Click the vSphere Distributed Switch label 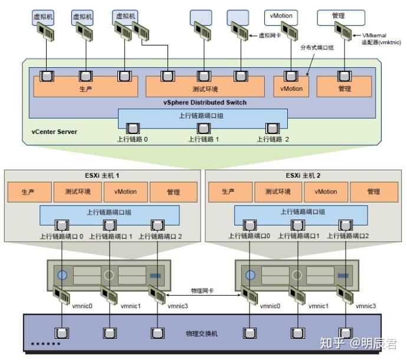point(205,102)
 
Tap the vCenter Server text point(54,132)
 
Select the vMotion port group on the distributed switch point(291,87)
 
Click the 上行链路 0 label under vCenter point(132,139)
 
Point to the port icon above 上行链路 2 point(272,128)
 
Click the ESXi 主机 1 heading point(102,176)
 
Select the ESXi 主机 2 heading point(303,176)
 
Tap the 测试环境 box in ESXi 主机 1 point(78,192)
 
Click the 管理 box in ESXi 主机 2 point(374,192)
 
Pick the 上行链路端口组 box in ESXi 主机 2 point(301,215)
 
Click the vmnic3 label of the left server point(178,306)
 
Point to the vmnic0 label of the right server point(270,306)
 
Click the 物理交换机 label point(202,333)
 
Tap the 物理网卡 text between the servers point(202,290)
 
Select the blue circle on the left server point(63,275)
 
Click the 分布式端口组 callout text point(317,48)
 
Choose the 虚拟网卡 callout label point(270,35)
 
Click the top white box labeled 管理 point(341,18)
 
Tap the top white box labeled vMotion point(281,18)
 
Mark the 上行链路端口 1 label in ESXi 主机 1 point(110,237)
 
